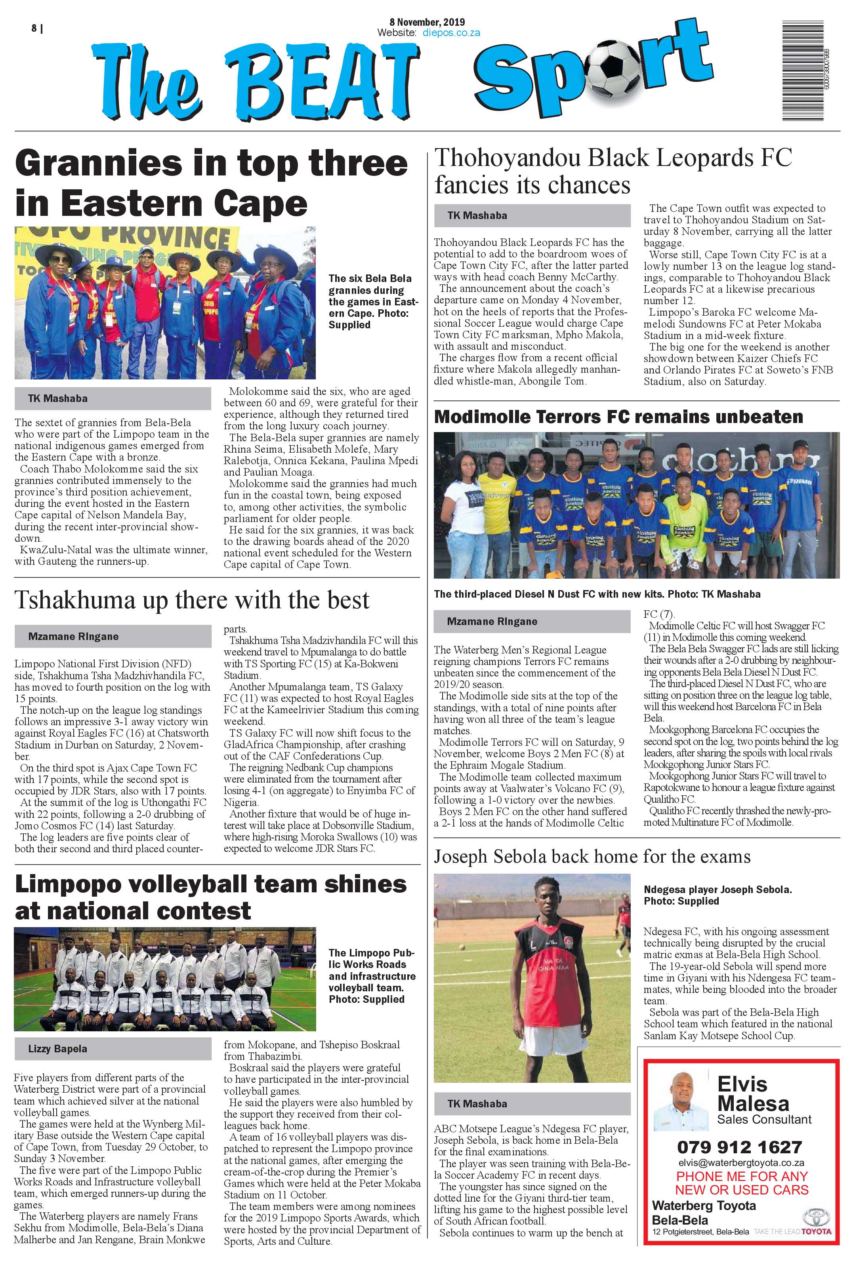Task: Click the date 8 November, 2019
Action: tap(427, 22)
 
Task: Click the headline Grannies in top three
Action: tap(211, 163)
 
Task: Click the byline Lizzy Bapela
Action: tap(57, 1049)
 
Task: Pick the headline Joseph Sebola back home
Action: tap(592, 857)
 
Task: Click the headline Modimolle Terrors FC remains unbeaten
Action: tap(618, 417)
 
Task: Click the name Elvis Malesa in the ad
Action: tap(752, 1094)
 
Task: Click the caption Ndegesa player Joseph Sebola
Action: tap(717, 895)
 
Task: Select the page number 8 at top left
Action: tap(34, 28)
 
